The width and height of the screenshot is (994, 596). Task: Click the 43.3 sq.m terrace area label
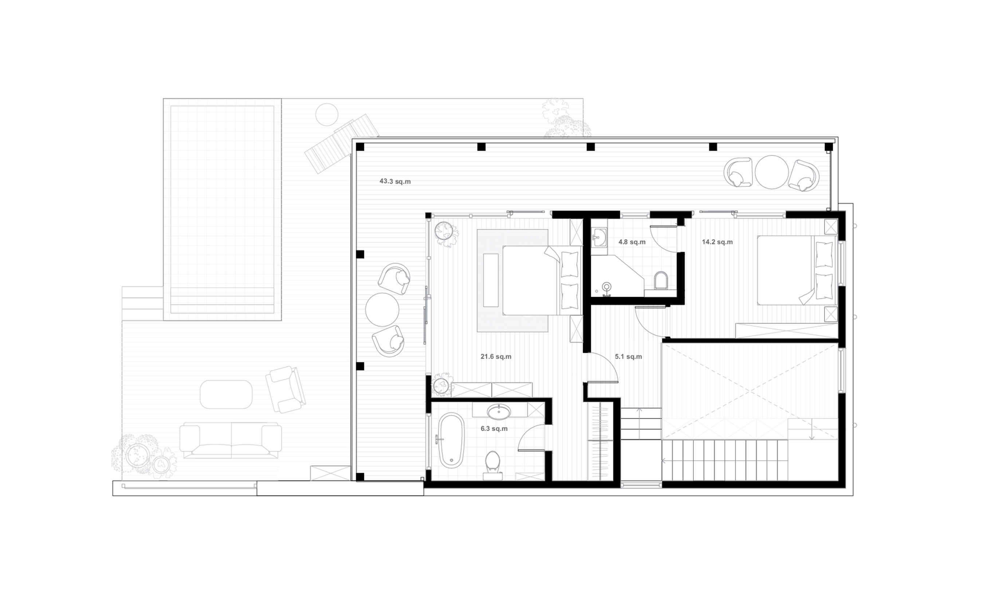[x=395, y=182]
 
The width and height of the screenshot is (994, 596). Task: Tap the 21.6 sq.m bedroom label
[x=496, y=357]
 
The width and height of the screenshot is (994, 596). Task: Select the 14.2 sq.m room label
[x=717, y=242]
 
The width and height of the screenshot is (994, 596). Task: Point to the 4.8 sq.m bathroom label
[x=632, y=242]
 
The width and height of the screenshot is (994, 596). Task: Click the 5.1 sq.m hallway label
[x=628, y=357]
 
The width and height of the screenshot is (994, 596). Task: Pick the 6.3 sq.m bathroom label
[x=494, y=429]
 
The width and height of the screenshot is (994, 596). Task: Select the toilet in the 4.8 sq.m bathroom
[x=661, y=280]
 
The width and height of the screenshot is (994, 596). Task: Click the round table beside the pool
[x=327, y=114]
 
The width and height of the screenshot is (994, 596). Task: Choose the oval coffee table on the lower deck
[x=226, y=394]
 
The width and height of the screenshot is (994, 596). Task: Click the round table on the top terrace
[x=771, y=172]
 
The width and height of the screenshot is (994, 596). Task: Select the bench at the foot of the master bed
[x=491, y=280]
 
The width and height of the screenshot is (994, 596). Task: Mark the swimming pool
[x=222, y=209]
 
